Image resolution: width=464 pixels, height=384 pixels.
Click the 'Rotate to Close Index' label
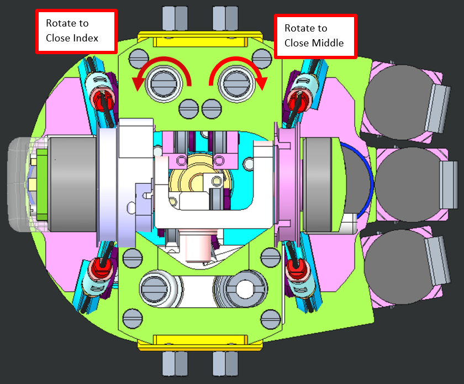pos(76,31)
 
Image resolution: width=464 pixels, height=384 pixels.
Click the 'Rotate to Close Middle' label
pos(315,35)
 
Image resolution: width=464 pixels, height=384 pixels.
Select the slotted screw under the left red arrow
pos(165,83)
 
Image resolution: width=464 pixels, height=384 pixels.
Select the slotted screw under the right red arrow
pos(235,83)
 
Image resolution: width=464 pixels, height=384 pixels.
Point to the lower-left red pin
pos(101,268)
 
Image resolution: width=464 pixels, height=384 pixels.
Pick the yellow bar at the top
pos(200,39)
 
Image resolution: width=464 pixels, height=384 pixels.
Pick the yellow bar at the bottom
pos(200,342)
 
